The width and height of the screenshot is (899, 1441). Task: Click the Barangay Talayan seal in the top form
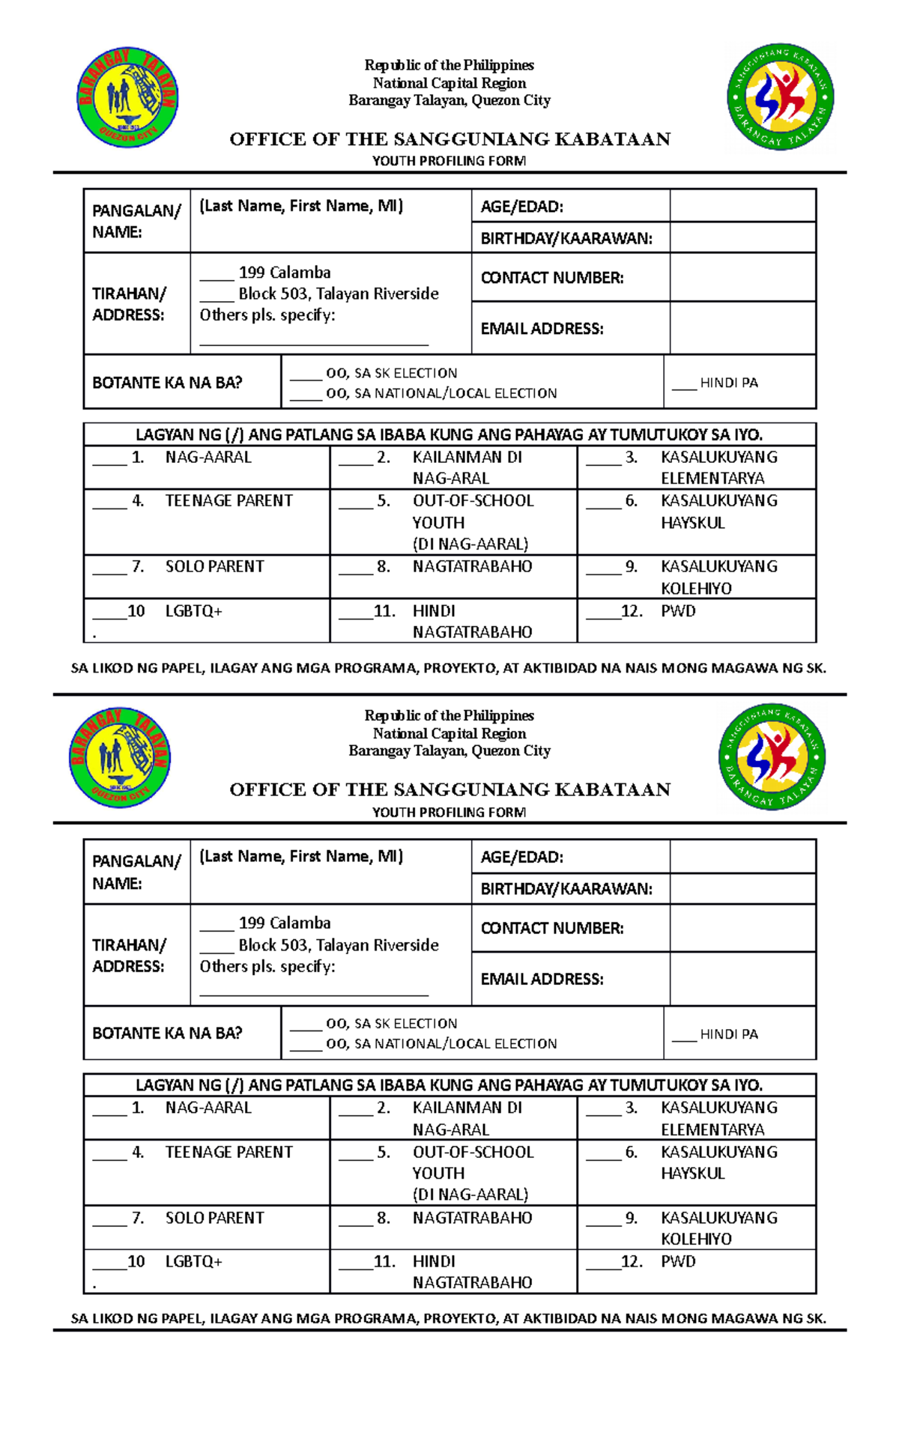click(127, 98)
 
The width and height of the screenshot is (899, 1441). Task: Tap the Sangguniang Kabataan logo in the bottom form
click(772, 757)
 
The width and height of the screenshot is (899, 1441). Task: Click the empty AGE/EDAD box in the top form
click(742, 206)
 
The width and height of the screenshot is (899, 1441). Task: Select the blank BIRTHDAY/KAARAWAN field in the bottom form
click(742, 889)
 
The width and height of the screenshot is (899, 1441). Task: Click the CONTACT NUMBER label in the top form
click(551, 278)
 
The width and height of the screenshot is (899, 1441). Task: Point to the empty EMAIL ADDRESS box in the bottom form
click(742, 979)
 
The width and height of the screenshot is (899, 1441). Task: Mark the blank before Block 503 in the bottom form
click(217, 947)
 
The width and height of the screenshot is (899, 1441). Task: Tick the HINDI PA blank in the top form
click(683, 385)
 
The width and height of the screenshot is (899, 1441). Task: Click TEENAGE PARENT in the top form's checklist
click(228, 501)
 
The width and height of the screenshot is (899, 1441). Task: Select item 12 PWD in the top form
click(677, 611)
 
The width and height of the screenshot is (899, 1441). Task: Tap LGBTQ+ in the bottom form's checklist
click(193, 1262)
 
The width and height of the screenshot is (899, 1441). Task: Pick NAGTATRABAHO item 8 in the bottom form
click(472, 1219)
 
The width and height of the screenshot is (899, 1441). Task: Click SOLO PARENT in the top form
click(214, 567)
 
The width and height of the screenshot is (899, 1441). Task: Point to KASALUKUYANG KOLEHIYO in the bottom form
click(718, 1228)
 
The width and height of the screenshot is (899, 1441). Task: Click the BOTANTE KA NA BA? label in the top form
click(166, 383)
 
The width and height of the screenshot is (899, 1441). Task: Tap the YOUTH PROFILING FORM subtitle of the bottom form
click(449, 812)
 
